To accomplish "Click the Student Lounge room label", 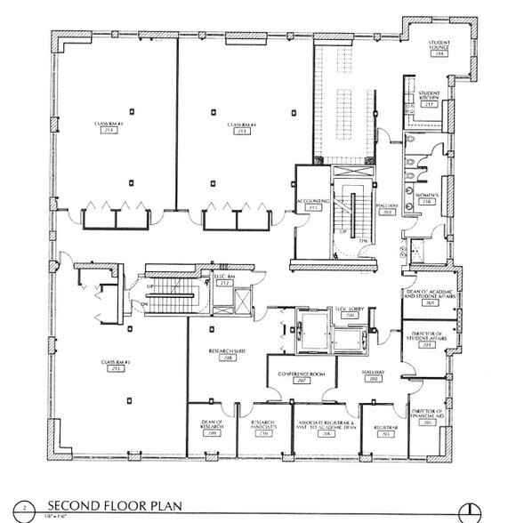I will (x=437, y=45).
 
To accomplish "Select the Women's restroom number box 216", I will (x=426, y=202).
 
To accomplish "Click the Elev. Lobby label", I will (x=345, y=311).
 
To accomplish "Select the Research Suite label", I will (x=228, y=352).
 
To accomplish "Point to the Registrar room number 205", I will (x=385, y=435).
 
